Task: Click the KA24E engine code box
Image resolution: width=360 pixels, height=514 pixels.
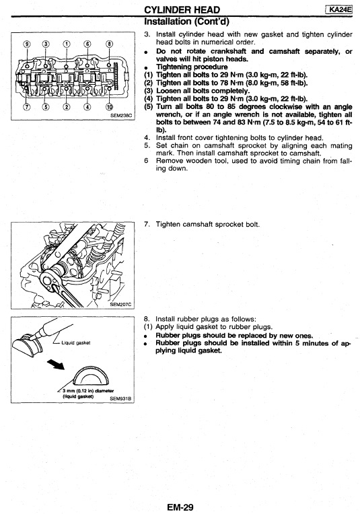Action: tap(339, 9)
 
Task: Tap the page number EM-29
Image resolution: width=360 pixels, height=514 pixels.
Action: tap(180, 507)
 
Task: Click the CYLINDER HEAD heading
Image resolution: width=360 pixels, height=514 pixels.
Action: tap(182, 10)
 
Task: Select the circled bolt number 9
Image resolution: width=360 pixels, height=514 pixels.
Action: tap(27, 44)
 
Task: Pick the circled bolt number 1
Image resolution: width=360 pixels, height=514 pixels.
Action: tap(67, 44)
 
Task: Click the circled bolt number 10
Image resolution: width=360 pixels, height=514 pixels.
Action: tap(110, 106)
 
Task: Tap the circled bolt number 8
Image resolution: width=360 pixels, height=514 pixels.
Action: tap(110, 44)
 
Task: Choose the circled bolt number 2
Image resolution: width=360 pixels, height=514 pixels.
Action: tap(67, 106)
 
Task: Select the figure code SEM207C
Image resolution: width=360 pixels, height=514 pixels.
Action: tap(120, 304)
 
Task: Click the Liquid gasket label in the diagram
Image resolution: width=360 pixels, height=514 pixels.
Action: tap(76, 343)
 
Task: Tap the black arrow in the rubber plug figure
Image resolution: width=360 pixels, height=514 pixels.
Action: tap(55, 364)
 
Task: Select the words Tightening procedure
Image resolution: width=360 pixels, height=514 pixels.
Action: tap(192, 67)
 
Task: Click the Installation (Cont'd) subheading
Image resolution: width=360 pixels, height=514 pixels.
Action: tap(186, 22)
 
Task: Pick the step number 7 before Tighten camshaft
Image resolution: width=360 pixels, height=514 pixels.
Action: tap(147, 225)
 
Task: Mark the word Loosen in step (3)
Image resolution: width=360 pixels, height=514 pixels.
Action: tap(167, 91)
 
